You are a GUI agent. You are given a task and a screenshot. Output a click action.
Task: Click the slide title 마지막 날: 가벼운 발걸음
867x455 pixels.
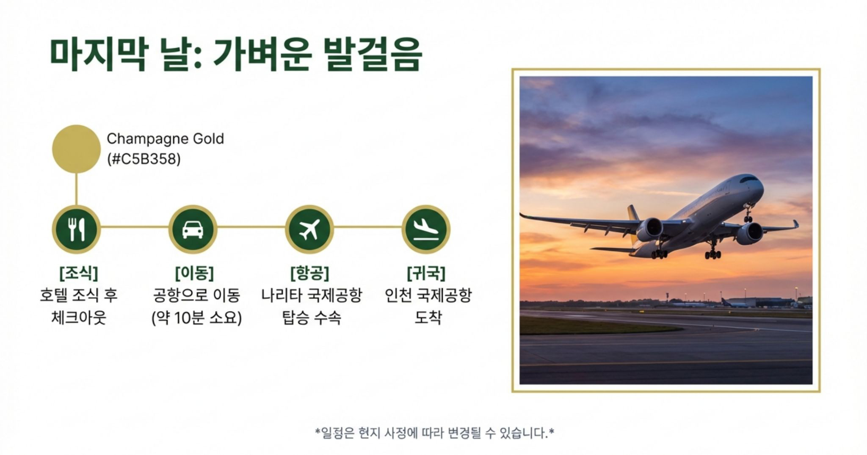tap(236, 55)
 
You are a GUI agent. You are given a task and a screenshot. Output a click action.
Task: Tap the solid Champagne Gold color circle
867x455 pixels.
tap(76, 149)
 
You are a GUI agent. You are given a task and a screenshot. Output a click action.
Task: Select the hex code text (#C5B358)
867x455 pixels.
tap(144, 159)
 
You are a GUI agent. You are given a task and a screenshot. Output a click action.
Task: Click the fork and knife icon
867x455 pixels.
tap(76, 229)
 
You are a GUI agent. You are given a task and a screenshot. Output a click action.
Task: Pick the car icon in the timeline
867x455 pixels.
tap(193, 229)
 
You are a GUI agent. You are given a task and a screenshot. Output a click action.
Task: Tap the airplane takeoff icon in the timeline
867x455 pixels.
tap(309, 229)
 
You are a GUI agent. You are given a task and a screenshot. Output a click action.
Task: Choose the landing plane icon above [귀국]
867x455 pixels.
tap(426, 229)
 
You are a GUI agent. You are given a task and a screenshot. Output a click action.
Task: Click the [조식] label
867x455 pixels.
tap(79, 273)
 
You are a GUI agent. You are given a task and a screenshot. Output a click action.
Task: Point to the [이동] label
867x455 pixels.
tap(194, 273)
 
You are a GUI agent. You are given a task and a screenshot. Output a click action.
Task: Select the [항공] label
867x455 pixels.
tap(310, 273)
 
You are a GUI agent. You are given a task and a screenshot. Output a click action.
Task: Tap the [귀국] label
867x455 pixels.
tap(426, 273)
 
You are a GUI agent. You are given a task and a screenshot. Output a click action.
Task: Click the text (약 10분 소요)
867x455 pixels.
tap(197, 317)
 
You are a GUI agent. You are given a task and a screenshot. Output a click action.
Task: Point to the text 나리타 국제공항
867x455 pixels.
tap(312, 295)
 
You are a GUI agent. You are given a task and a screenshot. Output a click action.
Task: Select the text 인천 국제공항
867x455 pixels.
tap(428, 295)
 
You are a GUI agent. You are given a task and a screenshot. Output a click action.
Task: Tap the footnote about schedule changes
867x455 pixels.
tap(434, 433)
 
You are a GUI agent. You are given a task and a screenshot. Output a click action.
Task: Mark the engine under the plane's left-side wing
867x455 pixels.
tap(649, 229)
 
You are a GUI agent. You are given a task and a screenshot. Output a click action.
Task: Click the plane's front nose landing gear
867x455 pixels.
tap(748, 213)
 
